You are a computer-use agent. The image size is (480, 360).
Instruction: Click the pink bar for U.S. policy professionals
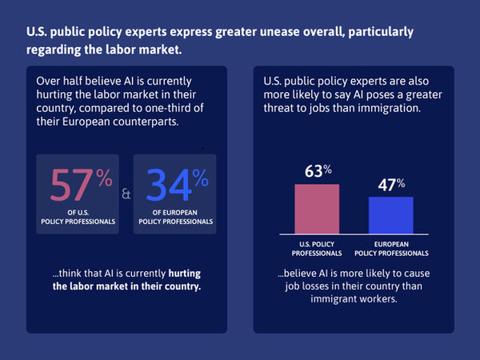coord(317,209)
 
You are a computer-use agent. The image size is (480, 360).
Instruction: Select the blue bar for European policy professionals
coord(391,215)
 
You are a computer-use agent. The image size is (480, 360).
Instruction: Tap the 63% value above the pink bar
coord(318,171)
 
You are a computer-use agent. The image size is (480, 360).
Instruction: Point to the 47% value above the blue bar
coord(391,185)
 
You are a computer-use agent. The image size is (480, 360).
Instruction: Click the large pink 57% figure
coord(82,184)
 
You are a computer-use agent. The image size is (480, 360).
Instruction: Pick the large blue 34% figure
coord(178,184)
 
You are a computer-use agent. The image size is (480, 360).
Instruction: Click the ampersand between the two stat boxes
coord(126,194)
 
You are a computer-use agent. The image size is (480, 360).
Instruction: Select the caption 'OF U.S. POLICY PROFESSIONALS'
coord(78,217)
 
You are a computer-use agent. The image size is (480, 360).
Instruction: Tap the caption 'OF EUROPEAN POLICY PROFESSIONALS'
coord(175,217)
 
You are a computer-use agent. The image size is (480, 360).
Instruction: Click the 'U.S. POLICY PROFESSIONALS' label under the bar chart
coord(317,249)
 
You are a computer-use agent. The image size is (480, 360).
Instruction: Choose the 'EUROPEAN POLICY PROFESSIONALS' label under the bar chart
coord(391,249)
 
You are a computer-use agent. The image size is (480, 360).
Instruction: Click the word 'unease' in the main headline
coord(279,32)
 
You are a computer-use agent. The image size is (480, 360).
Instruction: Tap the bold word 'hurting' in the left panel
coord(185,274)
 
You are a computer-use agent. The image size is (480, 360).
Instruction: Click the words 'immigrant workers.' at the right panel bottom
coord(354,298)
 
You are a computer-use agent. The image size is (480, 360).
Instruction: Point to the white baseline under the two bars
coord(354,234)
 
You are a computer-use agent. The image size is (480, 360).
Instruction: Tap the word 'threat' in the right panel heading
coord(278,108)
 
